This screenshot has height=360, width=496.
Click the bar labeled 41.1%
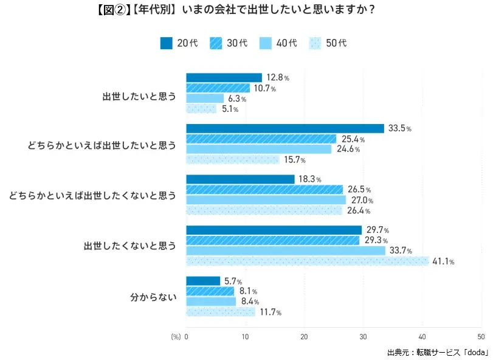308,261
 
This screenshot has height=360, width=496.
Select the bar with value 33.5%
285,128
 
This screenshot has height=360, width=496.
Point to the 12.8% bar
224,78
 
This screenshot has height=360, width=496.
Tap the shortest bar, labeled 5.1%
201,109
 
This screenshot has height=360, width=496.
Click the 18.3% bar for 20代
240,179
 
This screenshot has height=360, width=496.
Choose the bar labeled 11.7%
221,312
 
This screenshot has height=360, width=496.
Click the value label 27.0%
361,201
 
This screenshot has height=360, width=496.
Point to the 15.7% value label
294,160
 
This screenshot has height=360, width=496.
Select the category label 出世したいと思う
139,94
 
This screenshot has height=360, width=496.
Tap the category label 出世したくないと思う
129,246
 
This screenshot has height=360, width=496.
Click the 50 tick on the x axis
481,336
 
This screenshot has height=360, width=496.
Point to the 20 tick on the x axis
304,336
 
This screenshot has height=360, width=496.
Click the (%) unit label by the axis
176,336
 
